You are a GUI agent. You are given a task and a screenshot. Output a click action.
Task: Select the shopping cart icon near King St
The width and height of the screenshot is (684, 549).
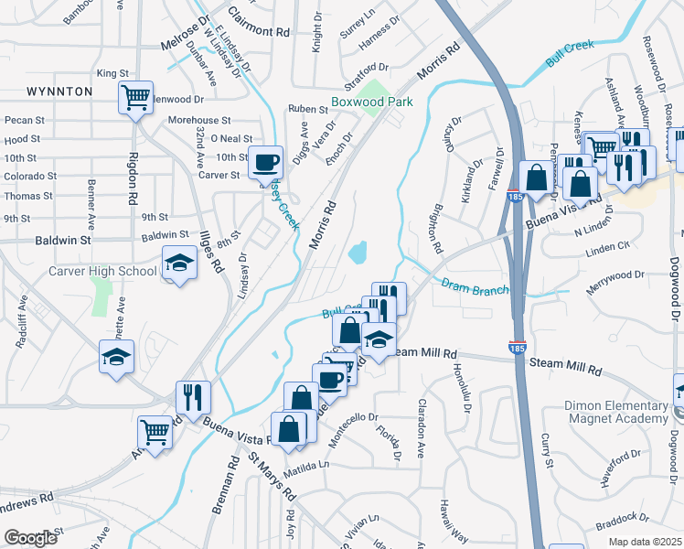pos(135,96)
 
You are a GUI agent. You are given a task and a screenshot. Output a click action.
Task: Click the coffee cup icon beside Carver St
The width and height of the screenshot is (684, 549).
pos(265,162)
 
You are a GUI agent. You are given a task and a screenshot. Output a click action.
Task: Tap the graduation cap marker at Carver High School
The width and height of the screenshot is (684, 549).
pos(179,264)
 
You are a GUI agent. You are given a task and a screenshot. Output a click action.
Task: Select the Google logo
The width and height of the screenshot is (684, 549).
pos(30,538)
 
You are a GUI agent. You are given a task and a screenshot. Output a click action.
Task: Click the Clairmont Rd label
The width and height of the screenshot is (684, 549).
pos(259,30)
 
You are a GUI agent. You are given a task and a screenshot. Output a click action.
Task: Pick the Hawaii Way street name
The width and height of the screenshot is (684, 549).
pos(453,521)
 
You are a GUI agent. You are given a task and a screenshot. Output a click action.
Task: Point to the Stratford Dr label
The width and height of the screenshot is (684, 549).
pos(372,68)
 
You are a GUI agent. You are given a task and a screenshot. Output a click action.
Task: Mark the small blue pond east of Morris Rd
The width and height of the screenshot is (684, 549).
pos(358,250)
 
